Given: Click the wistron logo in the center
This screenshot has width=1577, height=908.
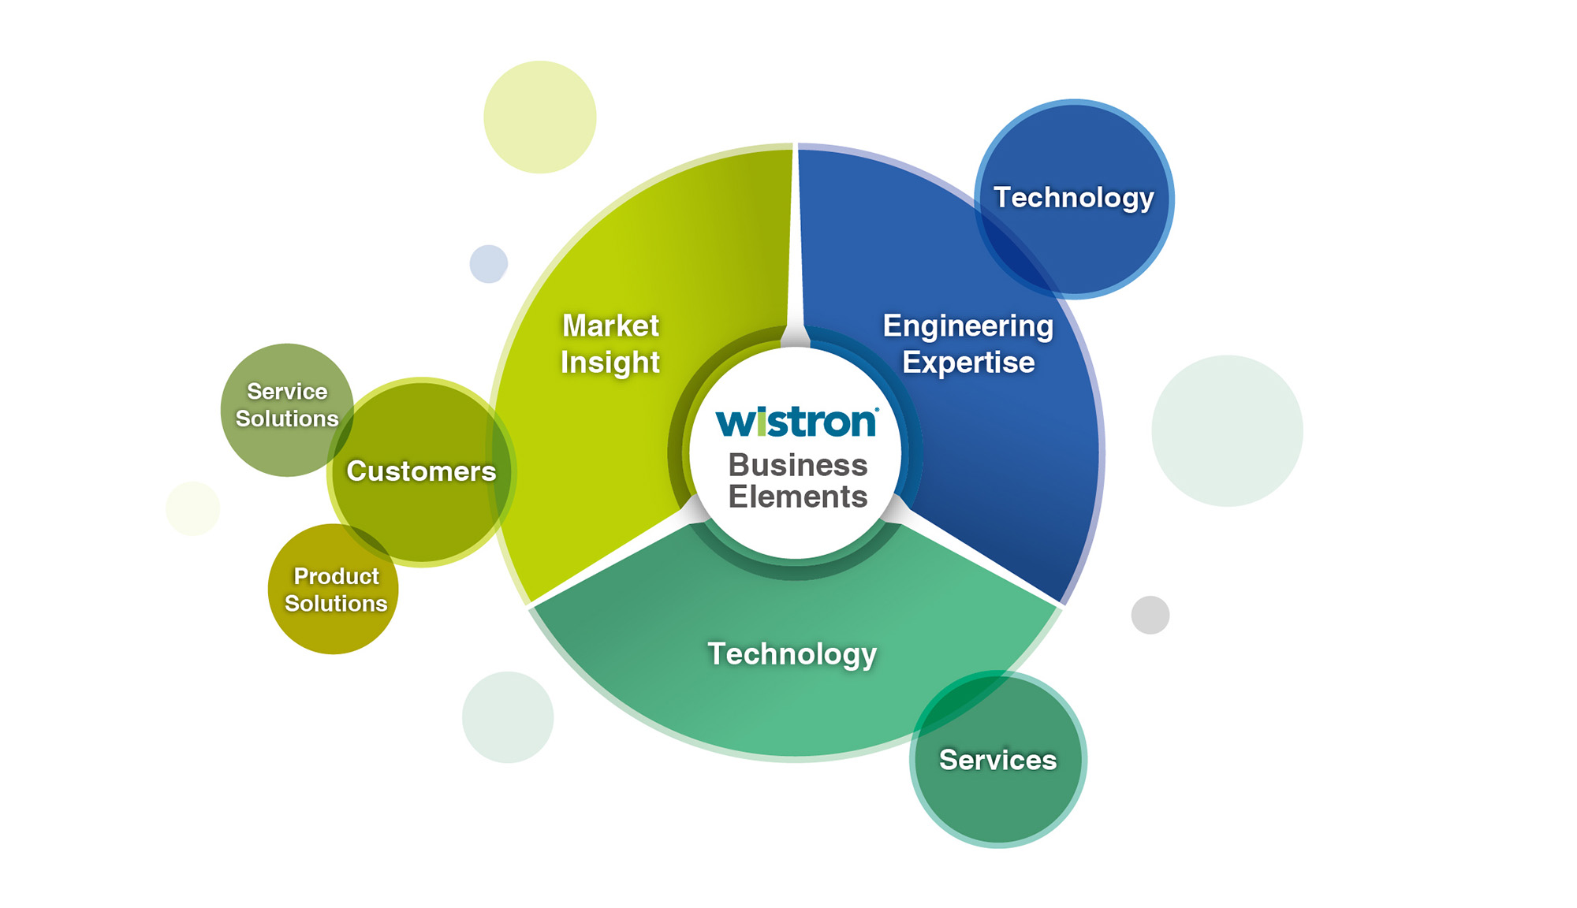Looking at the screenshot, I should [x=796, y=422].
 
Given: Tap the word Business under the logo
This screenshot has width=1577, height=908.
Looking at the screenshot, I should [x=797, y=465].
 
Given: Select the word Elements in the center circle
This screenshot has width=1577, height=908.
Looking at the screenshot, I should [x=797, y=497].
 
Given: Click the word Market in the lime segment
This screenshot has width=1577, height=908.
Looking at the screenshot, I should [x=610, y=326].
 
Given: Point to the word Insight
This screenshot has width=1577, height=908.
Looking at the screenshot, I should [x=610, y=363].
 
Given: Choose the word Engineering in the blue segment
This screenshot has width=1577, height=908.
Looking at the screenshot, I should [x=967, y=326].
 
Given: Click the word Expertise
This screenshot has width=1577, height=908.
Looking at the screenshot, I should [x=968, y=363].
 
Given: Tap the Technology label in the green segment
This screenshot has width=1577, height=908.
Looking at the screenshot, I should [x=792, y=654].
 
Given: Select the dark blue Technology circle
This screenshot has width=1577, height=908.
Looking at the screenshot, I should [x=1074, y=199].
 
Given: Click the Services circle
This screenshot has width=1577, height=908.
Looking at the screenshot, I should [x=997, y=760].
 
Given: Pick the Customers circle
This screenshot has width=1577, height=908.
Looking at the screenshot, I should [x=421, y=471].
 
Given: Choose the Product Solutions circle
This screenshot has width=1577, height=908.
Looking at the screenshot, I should [x=334, y=590].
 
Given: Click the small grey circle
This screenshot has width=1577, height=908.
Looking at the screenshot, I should [x=1150, y=615].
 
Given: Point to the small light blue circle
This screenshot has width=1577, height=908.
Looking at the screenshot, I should [x=489, y=263].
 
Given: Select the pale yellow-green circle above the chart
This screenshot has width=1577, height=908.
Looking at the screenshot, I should [x=540, y=117].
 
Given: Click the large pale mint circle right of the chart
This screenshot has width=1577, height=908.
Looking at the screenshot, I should [x=1227, y=430].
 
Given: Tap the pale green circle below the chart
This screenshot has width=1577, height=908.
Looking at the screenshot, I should [x=508, y=717].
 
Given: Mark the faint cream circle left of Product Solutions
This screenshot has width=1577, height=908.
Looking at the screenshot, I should [x=192, y=508].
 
